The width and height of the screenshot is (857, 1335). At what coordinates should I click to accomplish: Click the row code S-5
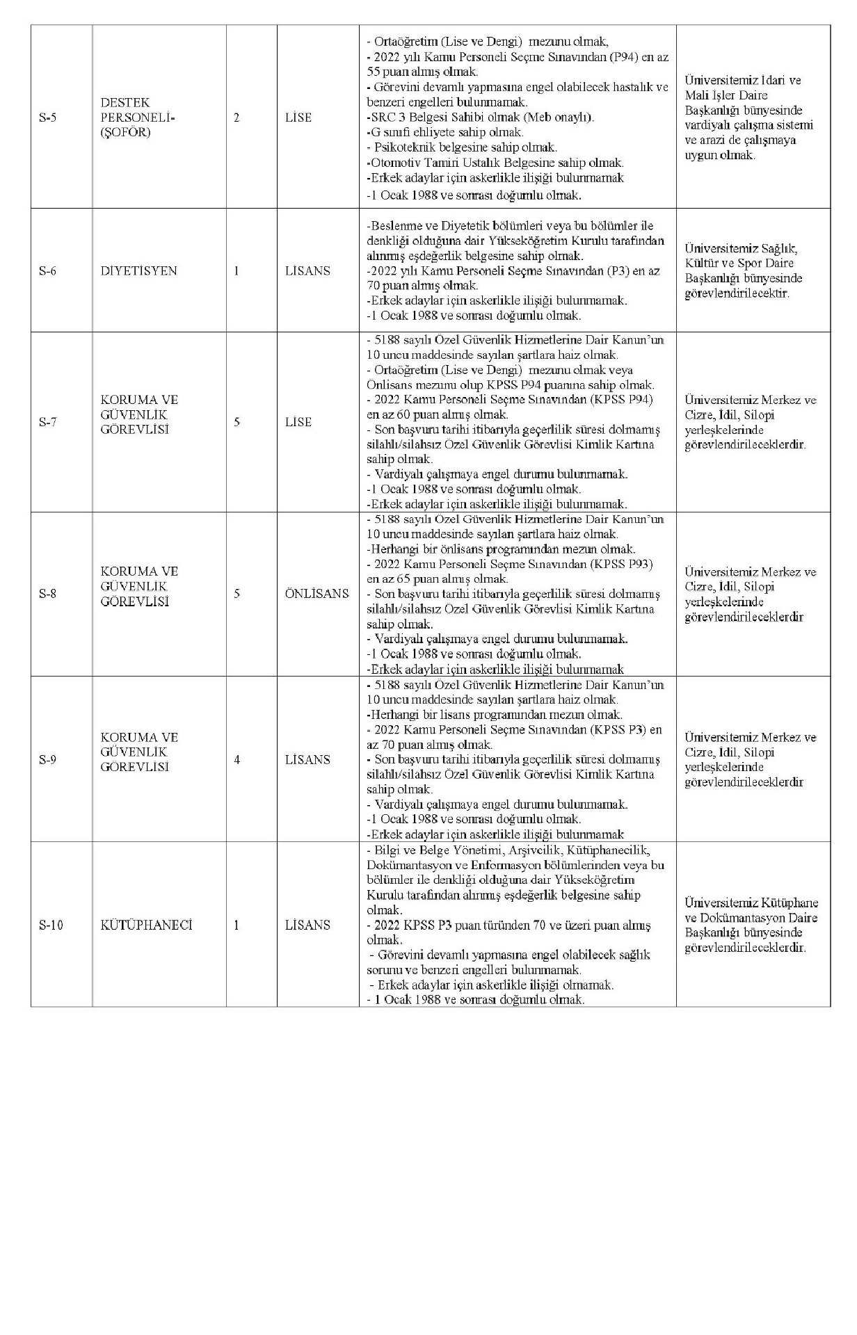[x=47, y=118]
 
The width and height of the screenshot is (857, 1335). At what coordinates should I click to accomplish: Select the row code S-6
[x=47, y=270]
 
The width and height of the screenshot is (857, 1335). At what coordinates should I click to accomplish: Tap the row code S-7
[x=47, y=422]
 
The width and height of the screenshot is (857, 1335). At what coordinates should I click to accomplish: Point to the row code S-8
[x=47, y=594]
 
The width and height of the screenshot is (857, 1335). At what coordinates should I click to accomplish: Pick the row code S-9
[x=47, y=759]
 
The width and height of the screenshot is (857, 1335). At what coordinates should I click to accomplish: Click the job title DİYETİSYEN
[x=139, y=270]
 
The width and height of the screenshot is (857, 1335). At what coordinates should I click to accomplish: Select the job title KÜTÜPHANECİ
[x=146, y=925]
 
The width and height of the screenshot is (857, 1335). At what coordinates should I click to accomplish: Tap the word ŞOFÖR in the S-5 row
[x=125, y=132]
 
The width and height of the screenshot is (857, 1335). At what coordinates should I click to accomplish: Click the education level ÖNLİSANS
[x=317, y=594]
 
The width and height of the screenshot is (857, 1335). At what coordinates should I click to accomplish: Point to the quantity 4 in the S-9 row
[x=237, y=759]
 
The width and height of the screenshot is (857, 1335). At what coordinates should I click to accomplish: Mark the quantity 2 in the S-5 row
[x=237, y=118]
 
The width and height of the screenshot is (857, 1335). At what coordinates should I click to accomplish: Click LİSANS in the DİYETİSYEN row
[x=307, y=270]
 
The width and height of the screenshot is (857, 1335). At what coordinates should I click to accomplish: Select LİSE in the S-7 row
[x=298, y=422]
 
